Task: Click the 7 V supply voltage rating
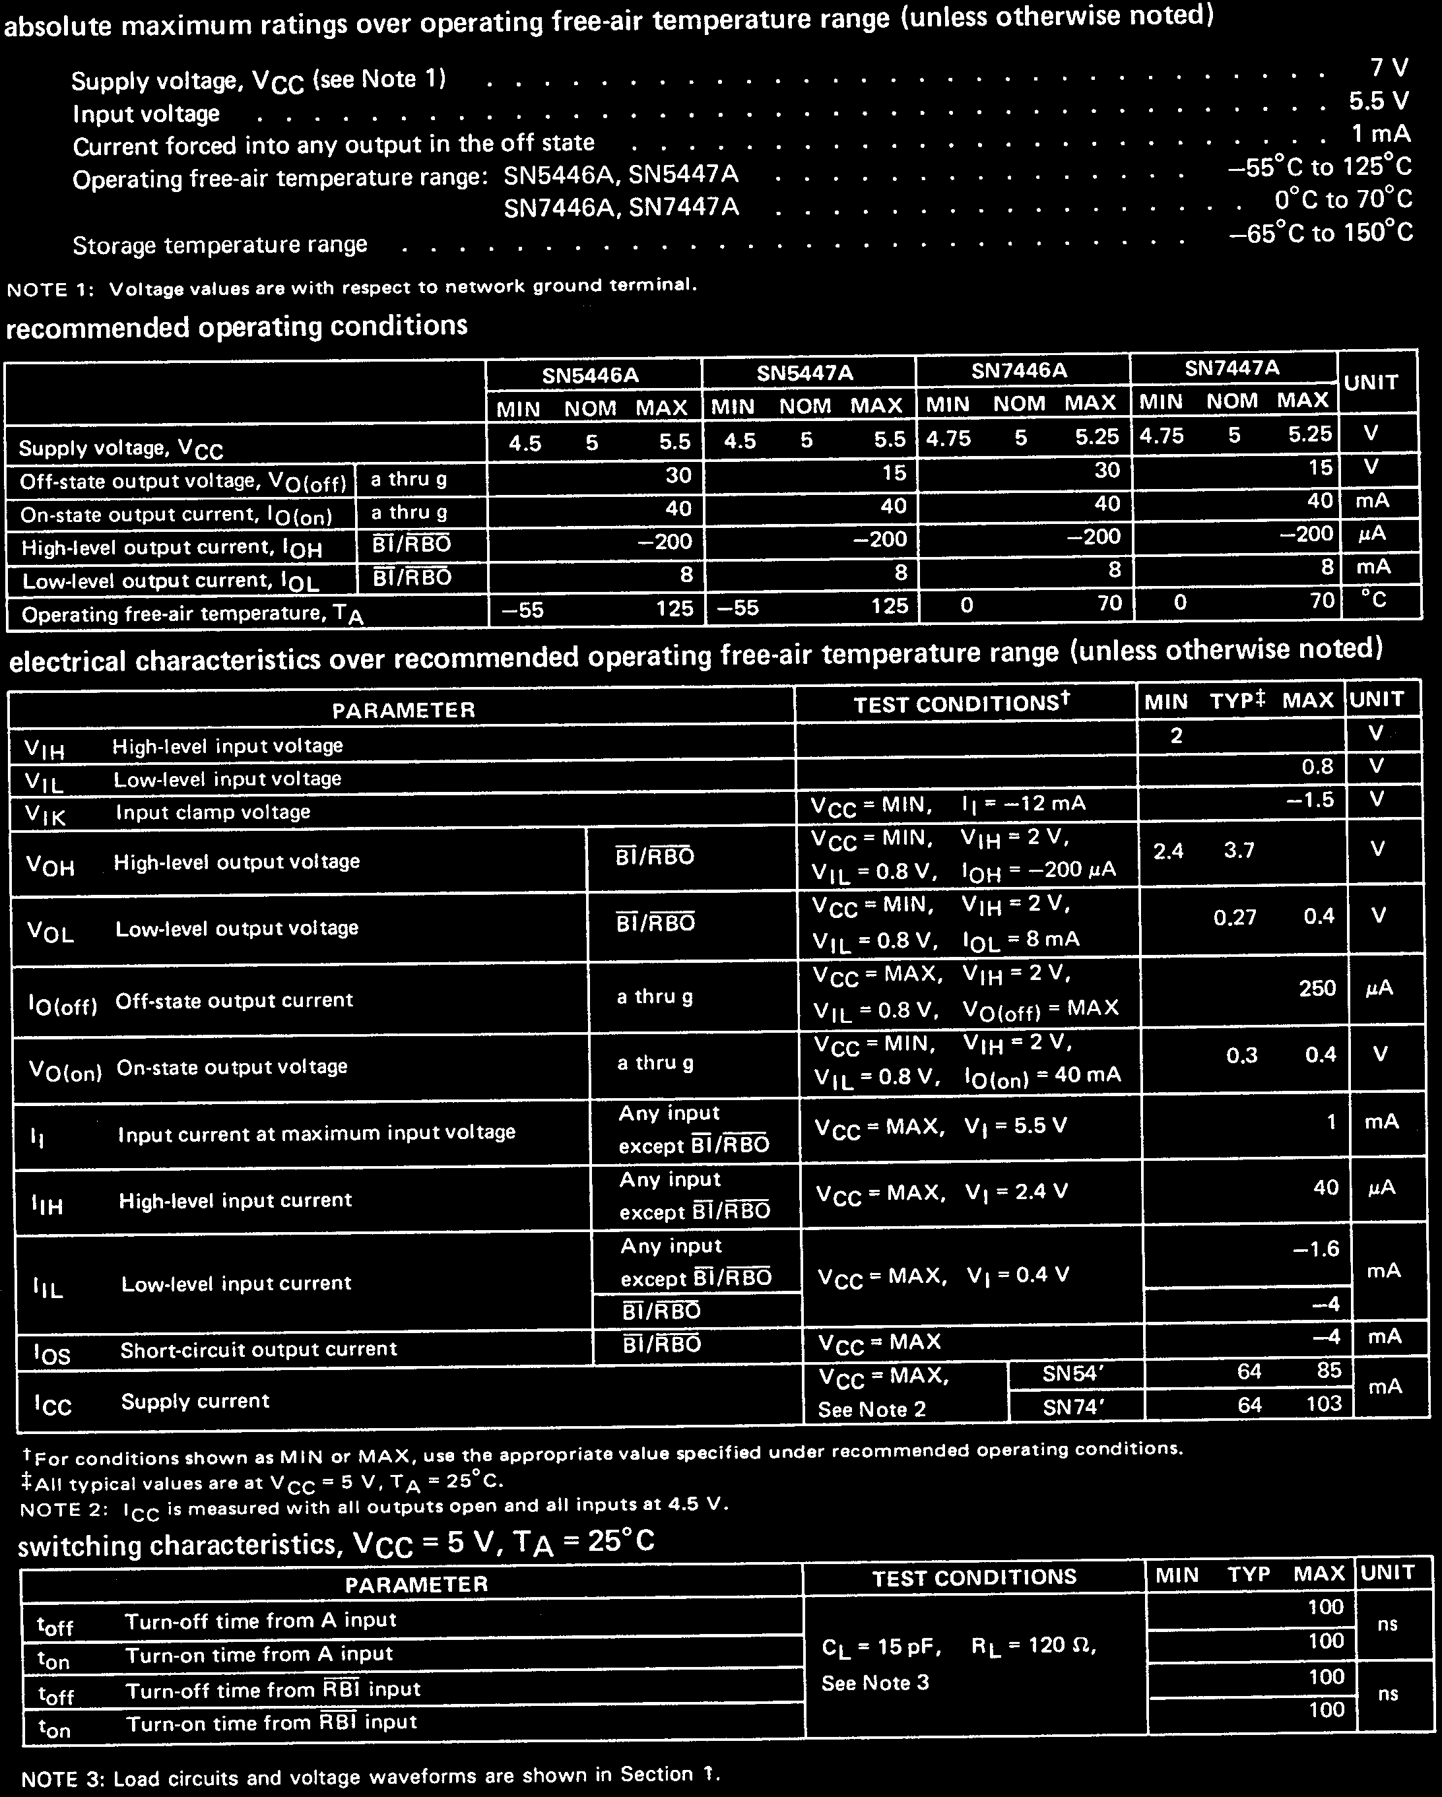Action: click(1389, 69)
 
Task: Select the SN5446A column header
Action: click(590, 375)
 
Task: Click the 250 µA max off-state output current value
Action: click(1317, 989)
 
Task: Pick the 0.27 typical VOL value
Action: click(1235, 919)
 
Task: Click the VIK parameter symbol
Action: click(45, 816)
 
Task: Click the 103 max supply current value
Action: click(1324, 1404)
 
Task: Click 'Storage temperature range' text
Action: click(220, 245)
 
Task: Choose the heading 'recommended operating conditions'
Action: click(237, 327)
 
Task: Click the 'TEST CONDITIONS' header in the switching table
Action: click(973, 1578)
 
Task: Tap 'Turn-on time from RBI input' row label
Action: click(271, 1723)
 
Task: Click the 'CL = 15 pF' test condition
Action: click(881, 1648)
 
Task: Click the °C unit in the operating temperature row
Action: click(1378, 600)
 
